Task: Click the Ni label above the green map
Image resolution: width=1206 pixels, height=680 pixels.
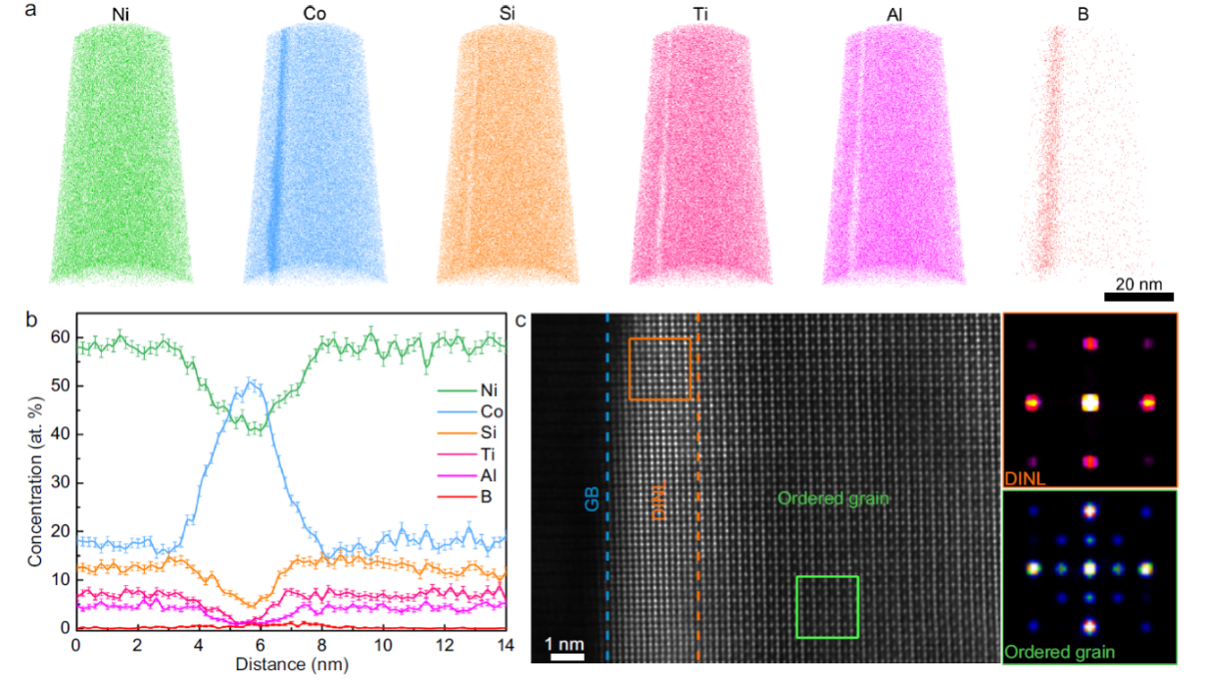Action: [x=122, y=15]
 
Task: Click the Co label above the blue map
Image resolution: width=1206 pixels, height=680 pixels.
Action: [x=316, y=15]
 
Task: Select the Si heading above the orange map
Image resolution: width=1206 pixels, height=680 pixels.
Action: [x=508, y=15]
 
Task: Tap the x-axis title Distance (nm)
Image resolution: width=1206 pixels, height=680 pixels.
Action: [x=292, y=663]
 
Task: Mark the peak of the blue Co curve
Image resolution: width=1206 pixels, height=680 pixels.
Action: [x=252, y=382]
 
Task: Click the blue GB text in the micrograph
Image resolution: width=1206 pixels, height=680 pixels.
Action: [x=590, y=499]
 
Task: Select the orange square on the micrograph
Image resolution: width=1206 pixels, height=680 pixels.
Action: [x=659, y=369]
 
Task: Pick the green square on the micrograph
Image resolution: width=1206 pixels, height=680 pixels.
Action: [x=827, y=607]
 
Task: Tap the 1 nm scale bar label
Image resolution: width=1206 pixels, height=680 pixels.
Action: [x=567, y=644]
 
